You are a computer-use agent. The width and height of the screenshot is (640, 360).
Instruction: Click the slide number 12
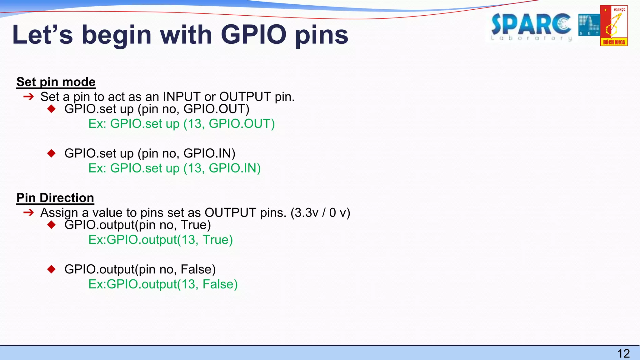point(623,353)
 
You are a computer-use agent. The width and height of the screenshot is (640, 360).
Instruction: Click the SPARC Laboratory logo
point(531,27)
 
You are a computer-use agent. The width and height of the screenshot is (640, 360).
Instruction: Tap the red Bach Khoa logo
point(614,26)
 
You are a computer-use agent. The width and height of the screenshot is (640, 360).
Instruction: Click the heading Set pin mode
point(56,82)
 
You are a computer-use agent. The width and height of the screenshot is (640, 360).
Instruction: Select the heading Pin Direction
point(55,198)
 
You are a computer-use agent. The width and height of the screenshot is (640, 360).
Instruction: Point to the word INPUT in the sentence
point(182,97)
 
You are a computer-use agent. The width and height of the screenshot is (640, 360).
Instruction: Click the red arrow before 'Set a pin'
point(28,97)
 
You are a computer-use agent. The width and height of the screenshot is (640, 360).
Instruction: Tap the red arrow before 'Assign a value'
point(28,212)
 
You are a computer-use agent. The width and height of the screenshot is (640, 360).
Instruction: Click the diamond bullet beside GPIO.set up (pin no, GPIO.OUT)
point(52,109)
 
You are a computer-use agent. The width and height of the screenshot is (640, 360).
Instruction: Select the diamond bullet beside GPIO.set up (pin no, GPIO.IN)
point(52,153)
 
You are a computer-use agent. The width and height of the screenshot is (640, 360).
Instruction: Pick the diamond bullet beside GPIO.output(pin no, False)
point(52,269)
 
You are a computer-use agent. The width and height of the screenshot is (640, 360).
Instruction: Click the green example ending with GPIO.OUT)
point(182,124)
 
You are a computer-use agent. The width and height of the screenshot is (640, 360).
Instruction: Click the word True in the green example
point(217,240)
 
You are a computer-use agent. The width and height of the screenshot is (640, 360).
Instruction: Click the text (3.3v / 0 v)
point(320,212)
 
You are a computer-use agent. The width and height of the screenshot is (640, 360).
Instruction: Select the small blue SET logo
point(589,25)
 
